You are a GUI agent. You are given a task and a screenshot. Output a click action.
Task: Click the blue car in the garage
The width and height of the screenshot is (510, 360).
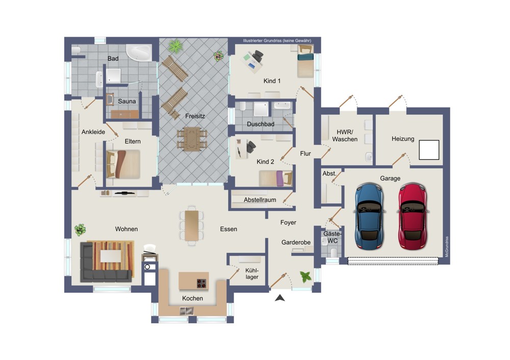click(369, 216)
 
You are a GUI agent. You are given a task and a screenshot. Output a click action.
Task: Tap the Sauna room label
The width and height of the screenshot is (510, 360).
click(127, 101)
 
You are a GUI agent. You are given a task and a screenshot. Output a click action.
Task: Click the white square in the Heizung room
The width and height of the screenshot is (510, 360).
click(429, 150)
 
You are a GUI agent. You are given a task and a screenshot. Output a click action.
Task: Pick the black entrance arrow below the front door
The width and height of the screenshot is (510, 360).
click(280, 298)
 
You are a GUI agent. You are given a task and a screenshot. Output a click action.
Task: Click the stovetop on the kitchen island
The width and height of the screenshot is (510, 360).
click(202, 283)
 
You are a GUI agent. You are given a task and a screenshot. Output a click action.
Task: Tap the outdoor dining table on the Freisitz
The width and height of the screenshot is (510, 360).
click(192, 139)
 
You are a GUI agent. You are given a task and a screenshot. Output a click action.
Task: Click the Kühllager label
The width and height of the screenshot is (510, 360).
click(252, 273)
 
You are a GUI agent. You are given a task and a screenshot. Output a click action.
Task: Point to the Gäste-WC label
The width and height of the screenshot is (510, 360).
click(333, 238)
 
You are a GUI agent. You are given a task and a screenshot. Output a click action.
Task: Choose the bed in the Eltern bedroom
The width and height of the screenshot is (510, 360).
click(123, 164)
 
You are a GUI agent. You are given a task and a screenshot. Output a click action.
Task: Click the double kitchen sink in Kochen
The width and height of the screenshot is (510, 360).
click(187, 311)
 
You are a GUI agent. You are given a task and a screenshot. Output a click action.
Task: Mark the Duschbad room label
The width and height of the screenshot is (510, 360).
click(261, 124)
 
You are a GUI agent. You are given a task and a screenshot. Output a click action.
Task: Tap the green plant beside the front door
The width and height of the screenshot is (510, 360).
click(305, 277)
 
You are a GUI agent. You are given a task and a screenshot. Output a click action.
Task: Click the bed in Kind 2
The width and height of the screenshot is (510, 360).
click(276, 178)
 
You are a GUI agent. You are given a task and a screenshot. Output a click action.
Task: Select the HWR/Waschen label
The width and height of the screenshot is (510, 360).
click(345, 136)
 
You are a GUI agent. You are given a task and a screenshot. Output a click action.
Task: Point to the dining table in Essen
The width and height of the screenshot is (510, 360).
click(192, 226)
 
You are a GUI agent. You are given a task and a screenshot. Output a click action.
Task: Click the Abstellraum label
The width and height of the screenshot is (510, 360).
click(260, 200)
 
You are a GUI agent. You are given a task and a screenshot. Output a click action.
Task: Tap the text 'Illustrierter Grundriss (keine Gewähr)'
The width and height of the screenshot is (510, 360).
click(277, 41)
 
